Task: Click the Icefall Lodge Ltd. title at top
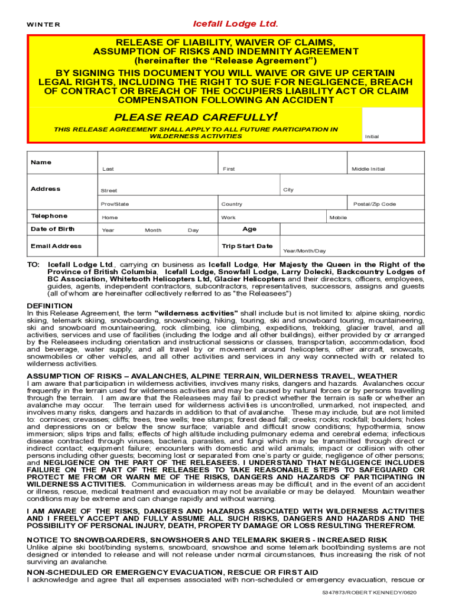point(235,24)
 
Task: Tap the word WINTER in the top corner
point(43,25)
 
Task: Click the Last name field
point(157,162)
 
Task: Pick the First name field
point(282,162)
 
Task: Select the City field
point(351,187)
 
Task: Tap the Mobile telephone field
point(376,217)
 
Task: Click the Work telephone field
point(272,217)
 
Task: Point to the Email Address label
point(56,246)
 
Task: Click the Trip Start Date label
point(247,246)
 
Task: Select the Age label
point(249,229)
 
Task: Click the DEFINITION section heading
point(50,305)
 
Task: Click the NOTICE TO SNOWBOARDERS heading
point(207,539)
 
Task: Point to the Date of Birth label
point(53,229)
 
